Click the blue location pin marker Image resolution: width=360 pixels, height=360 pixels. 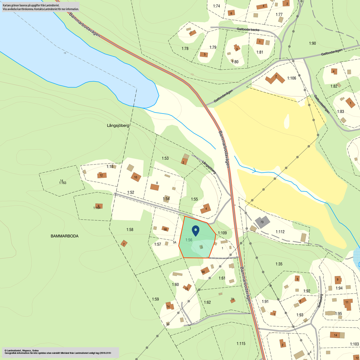click(195, 231)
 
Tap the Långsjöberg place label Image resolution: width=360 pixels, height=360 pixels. click(118, 125)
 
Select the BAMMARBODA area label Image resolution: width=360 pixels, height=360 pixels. click(64, 236)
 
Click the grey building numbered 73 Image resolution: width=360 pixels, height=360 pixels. click(262, 222)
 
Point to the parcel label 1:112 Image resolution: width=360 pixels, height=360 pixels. click(280, 232)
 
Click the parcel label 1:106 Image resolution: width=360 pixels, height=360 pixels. click(292, 78)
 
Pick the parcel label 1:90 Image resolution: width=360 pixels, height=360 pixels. click(313, 43)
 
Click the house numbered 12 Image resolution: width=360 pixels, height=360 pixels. click(102, 175)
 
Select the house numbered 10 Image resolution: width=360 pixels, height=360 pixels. click(136, 177)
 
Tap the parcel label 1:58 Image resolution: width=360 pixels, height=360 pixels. click(130, 230)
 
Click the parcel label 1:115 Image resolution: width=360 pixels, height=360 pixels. click(241, 343)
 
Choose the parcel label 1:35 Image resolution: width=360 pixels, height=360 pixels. click(279, 264)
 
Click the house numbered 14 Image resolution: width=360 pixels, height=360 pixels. click(335, 335)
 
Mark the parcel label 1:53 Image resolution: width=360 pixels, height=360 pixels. click(165, 159)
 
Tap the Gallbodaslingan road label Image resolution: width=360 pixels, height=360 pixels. click(322, 104)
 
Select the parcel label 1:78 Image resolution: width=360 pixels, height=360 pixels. click(185, 49)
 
